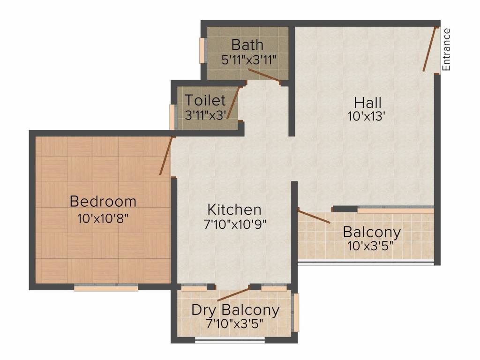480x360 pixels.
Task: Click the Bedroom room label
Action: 103,202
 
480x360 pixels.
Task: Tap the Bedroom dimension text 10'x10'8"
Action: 103,218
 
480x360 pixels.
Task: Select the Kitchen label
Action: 234,209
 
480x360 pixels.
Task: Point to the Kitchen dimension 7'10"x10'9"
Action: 234,225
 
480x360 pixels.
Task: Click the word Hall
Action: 367,102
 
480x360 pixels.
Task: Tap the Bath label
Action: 247,45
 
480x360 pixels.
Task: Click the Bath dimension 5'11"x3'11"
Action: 248,60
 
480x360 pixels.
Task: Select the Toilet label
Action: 205,100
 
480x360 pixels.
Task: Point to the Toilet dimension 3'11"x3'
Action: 206,115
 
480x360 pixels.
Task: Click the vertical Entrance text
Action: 446,50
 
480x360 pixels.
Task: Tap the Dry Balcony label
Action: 235,310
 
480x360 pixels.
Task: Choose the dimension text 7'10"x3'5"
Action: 235,323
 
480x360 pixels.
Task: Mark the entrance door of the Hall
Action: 430,49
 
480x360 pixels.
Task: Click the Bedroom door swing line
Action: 166,156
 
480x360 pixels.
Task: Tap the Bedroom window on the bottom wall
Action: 106,288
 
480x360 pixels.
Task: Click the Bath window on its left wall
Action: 202,50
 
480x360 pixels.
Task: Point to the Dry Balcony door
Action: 233,294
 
